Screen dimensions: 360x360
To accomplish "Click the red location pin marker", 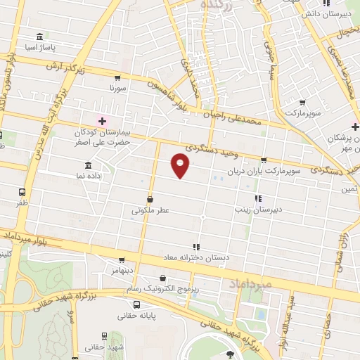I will point(181,167).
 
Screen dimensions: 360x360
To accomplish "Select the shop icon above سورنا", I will point(117,78).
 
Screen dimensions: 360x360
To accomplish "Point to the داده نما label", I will point(88,175).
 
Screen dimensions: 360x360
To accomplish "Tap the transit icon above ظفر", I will point(22,191).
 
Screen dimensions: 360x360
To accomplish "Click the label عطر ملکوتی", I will point(149,210).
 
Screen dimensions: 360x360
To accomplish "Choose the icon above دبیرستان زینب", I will point(257,199).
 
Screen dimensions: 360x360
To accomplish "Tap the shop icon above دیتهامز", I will point(122,259).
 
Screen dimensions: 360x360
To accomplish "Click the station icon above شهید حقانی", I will point(104,336).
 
